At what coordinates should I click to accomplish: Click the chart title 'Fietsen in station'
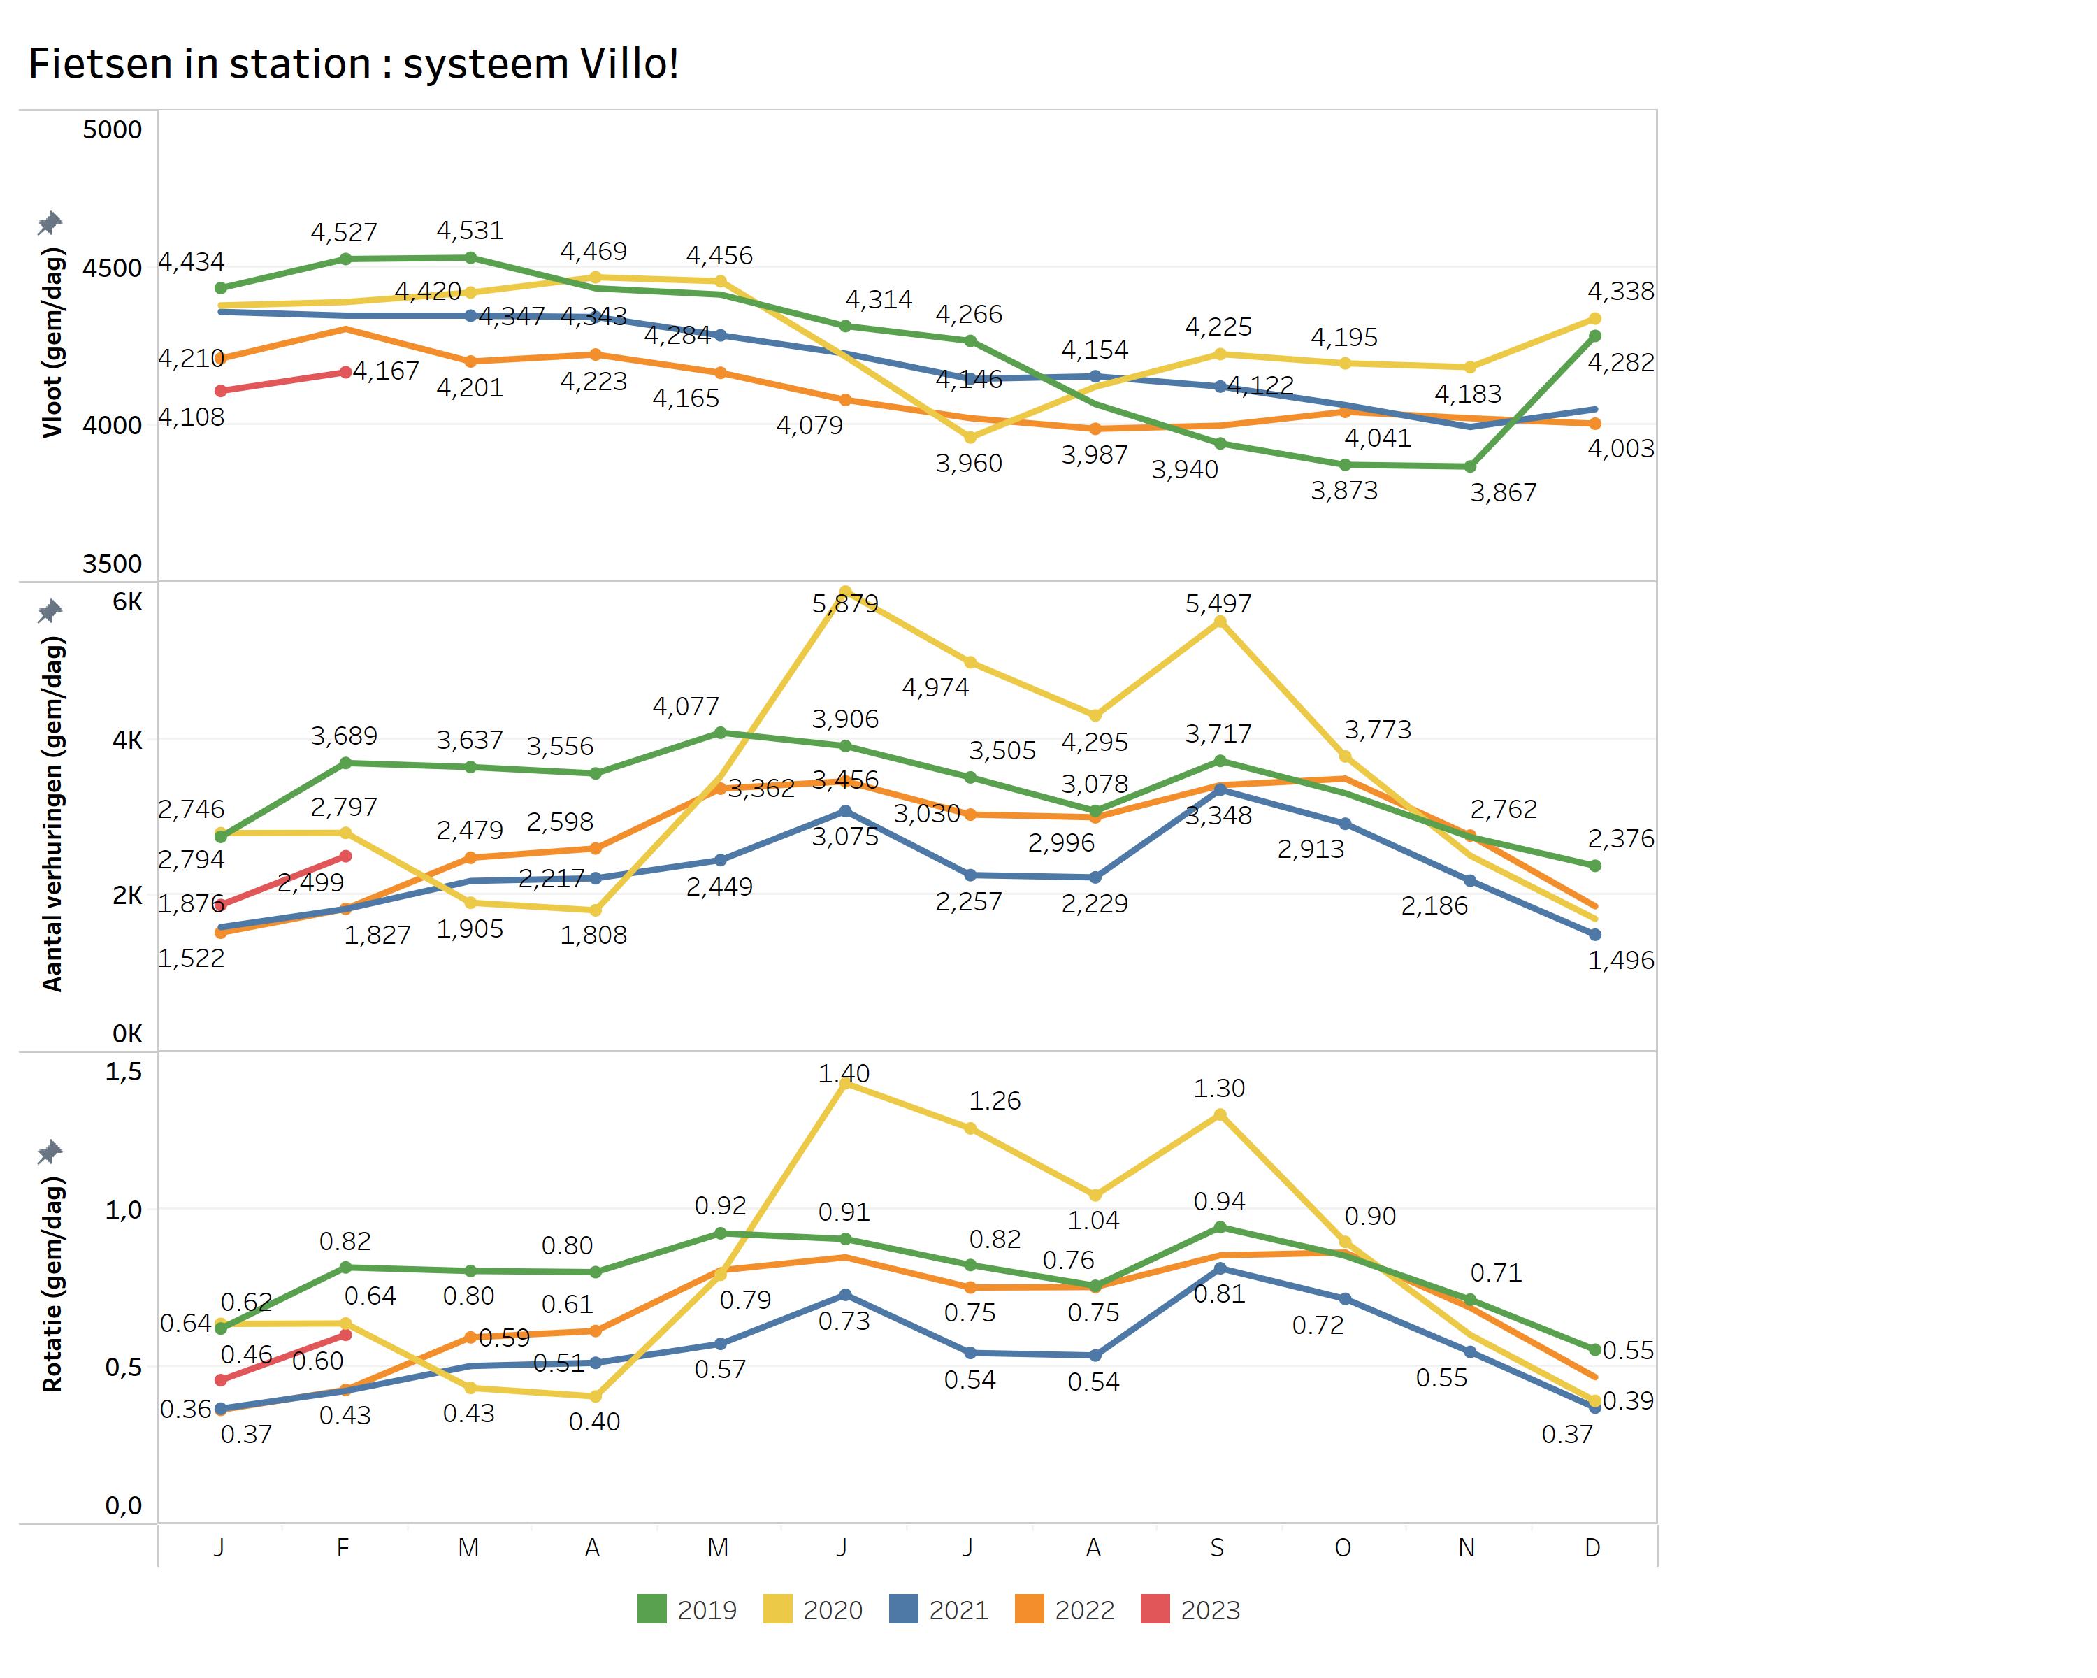[352, 64]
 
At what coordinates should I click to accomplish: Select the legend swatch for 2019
[651, 1610]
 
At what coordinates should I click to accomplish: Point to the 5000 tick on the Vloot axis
[112, 129]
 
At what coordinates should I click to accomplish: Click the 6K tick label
[127, 601]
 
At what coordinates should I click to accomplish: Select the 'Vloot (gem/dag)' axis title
[52, 343]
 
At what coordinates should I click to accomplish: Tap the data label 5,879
[844, 604]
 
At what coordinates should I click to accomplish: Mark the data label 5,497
[1218, 604]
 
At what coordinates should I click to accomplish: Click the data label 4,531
[470, 231]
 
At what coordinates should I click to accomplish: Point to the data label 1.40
[843, 1073]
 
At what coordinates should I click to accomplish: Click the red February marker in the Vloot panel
[345, 373]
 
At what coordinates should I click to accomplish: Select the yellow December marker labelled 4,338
[1594, 319]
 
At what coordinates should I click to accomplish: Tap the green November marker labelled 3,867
[1470, 467]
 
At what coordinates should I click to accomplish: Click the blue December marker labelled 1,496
[1594, 935]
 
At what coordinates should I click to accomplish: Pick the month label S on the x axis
[1217, 1548]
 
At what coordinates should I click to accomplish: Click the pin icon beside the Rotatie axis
[50, 1153]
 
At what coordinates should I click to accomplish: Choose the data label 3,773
[1377, 729]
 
